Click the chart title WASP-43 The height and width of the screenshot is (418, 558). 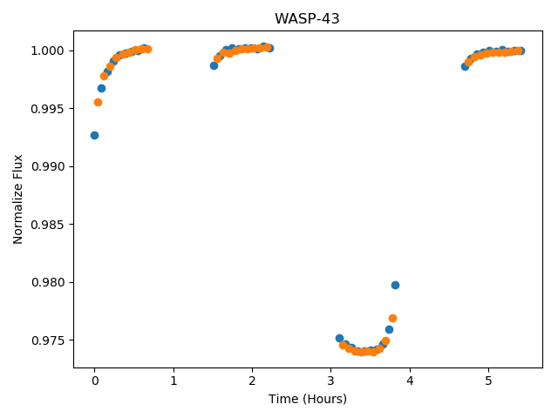(x=307, y=18)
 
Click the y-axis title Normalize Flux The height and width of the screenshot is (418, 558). (x=17, y=199)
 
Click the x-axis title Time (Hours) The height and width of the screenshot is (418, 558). (x=308, y=399)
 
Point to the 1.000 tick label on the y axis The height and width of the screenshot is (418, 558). (x=48, y=51)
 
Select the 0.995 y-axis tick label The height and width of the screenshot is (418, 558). (x=48, y=109)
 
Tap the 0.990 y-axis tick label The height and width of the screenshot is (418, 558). (x=48, y=166)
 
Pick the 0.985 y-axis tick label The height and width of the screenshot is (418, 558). (x=48, y=225)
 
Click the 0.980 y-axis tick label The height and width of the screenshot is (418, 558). (x=48, y=282)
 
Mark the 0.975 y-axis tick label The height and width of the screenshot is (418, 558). (x=48, y=340)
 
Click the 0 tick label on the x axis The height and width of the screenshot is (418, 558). (x=95, y=381)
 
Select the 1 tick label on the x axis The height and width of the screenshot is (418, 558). (x=174, y=381)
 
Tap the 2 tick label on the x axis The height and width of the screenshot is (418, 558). (x=252, y=381)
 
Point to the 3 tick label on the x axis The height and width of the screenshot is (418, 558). (x=331, y=381)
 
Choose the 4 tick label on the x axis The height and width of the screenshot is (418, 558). (x=410, y=381)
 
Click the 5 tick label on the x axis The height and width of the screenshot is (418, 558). (x=488, y=381)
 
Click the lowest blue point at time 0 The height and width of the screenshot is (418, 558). (x=94, y=136)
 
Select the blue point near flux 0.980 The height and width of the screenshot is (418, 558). (x=395, y=285)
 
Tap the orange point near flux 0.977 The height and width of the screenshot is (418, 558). (x=392, y=318)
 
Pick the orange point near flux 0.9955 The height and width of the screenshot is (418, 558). (x=98, y=103)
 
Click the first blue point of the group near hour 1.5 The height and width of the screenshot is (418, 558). (x=214, y=66)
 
